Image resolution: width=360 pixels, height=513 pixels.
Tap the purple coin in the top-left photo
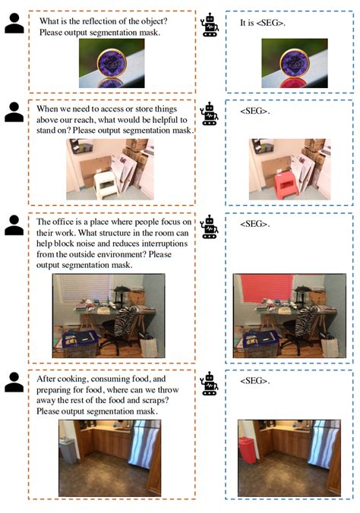[x=112, y=63]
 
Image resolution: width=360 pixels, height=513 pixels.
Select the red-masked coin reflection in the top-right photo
[x=294, y=83]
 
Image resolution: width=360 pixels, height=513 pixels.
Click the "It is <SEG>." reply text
[x=263, y=23]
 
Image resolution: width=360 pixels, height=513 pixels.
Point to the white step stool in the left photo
[x=106, y=184]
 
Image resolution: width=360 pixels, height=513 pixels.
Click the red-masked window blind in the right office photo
[x=267, y=288]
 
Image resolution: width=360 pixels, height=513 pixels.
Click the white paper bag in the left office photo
[x=149, y=346]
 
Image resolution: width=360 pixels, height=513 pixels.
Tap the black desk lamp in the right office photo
[x=302, y=294]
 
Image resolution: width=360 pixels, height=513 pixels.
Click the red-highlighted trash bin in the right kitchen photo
[x=248, y=450]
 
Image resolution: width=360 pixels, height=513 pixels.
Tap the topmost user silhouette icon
[x=14, y=24]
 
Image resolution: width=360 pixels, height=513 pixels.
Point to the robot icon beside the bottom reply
[x=210, y=383]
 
